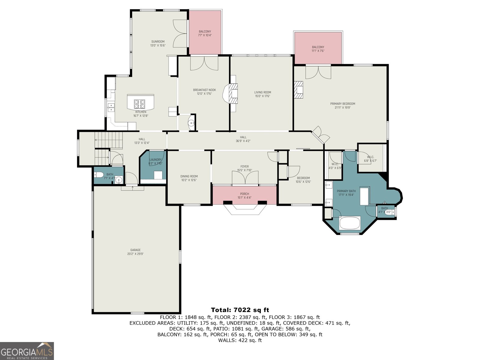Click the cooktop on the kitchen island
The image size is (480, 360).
[x=139, y=104]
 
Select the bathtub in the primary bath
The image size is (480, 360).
[x=350, y=223]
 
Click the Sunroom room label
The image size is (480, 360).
[x=158, y=42]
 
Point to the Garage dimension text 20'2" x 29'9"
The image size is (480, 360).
[x=135, y=254]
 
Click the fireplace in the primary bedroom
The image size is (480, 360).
[x=298, y=90]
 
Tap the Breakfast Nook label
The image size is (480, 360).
[x=204, y=90]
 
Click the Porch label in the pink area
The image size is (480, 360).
[x=244, y=194]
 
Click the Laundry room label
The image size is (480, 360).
[x=155, y=160]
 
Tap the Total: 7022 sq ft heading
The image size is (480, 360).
[x=240, y=310]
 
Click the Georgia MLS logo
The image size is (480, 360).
[x=27, y=351]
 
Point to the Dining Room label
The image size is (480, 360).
[x=189, y=176]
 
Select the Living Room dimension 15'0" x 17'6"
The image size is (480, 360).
[x=262, y=96]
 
